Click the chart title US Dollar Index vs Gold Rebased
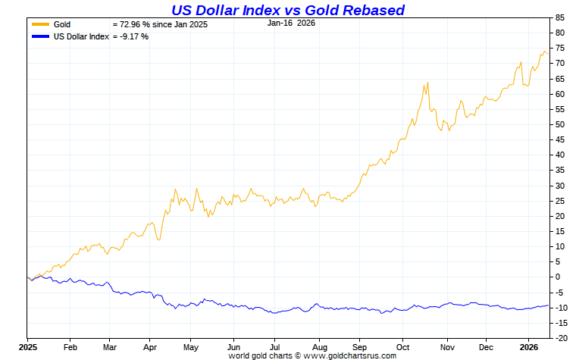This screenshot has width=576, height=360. tap(288, 10)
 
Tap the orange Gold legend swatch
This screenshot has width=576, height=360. tap(39, 25)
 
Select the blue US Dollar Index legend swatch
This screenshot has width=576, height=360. tap(39, 36)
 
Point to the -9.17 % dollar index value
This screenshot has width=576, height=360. tap(130, 36)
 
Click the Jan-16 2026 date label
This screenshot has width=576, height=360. tap(293, 23)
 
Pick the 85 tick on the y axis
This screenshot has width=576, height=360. tap(560, 17)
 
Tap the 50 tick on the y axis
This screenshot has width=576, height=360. tap(560, 124)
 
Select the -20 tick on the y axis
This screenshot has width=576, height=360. tap(562, 338)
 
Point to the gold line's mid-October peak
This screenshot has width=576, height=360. tap(428, 83)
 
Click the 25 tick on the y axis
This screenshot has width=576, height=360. tap(560, 201)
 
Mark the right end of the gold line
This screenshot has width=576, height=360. tap(547, 53)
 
